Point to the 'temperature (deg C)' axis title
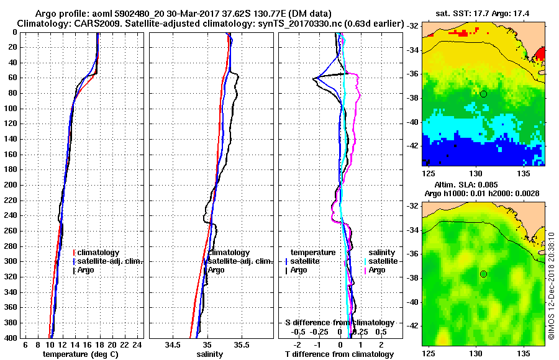click(x=80, y=354)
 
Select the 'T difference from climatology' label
click(x=339, y=354)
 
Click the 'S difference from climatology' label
click(x=339, y=323)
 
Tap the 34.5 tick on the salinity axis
click(x=173, y=344)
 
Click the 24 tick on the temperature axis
click(x=138, y=344)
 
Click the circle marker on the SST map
click(x=483, y=94)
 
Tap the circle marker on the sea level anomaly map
click(x=483, y=274)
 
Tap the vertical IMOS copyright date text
click(x=551, y=282)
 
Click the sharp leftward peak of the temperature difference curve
click(x=314, y=79)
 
